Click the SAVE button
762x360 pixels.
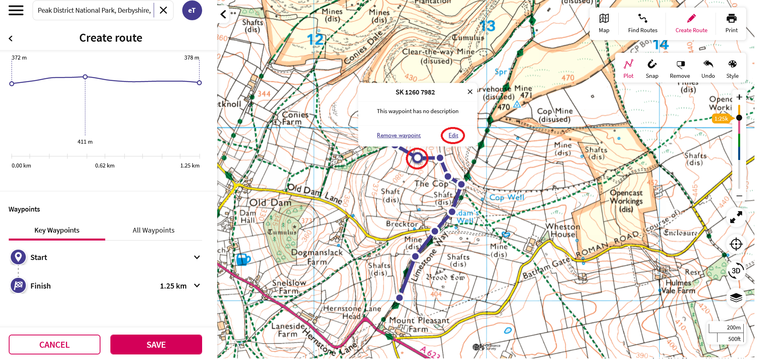[x=156, y=345]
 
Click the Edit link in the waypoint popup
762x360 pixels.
[x=453, y=135]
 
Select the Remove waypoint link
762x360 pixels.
[x=398, y=135]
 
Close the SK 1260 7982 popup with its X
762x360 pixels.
[x=470, y=92]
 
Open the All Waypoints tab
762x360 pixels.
[x=153, y=230]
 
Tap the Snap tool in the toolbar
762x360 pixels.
[x=652, y=69]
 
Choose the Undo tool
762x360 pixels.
[x=708, y=69]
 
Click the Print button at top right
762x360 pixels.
[x=731, y=23]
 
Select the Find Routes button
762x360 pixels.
[x=642, y=23]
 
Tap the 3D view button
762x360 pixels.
[x=735, y=271]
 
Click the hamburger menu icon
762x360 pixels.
[x=16, y=10]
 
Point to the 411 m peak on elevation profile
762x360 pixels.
[x=85, y=77]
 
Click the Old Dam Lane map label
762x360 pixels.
[x=314, y=194]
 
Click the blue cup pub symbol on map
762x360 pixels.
[x=243, y=260]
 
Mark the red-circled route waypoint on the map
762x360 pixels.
[x=417, y=158]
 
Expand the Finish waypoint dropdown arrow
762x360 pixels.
[x=197, y=286]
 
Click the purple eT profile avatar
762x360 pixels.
[x=192, y=10]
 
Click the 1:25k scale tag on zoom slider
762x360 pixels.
[x=721, y=119]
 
